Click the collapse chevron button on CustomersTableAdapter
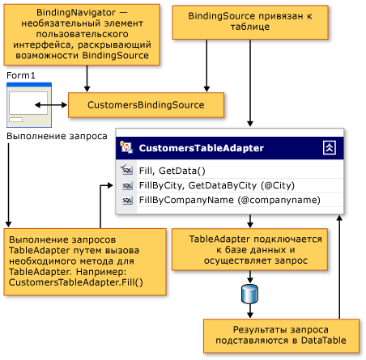329,147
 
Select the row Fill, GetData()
172,170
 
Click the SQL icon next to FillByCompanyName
127,200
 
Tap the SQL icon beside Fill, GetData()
127,170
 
